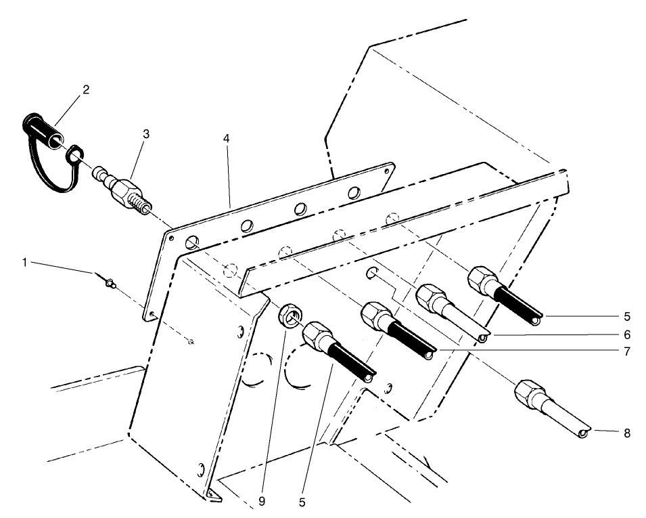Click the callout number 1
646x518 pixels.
click(25, 262)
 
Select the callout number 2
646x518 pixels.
click(86, 89)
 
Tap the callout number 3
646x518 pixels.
click(145, 134)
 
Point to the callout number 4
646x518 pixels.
click(227, 138)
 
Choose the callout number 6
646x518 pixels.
click(627, 334)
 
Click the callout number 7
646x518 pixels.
click(627, 352)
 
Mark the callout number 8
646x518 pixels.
click(627, 433)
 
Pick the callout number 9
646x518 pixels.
click(262, 502)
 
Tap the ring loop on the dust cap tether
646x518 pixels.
click(74, 159)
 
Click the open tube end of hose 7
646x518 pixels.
click(428, 353)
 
